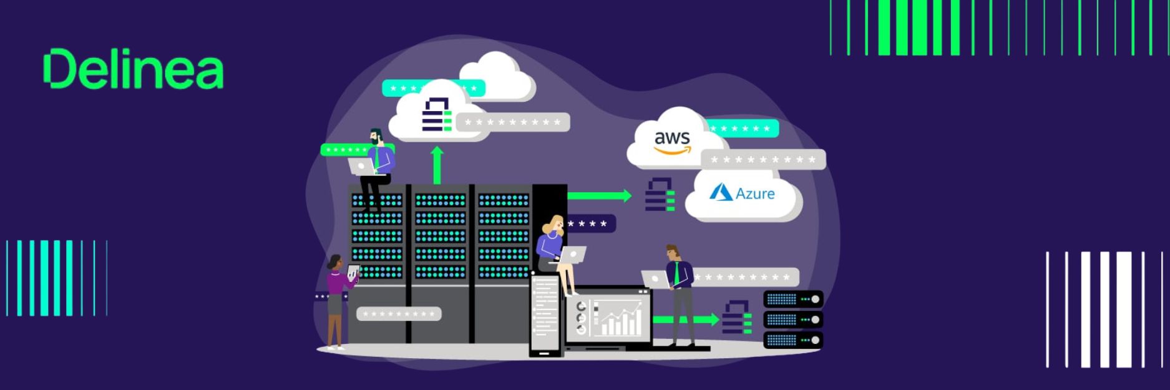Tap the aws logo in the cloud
tap(672, 142)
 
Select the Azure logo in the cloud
tap(742, 193)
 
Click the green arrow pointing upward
tap(437, 165)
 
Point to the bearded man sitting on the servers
tap(374, 168)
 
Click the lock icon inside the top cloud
tap(437, 114)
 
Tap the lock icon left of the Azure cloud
tap(660, 194)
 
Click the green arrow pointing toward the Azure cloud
tap(600, 195)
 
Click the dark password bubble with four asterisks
tap(590, 223)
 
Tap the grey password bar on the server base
tap(399, 313)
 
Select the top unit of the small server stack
tap(793, 300)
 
